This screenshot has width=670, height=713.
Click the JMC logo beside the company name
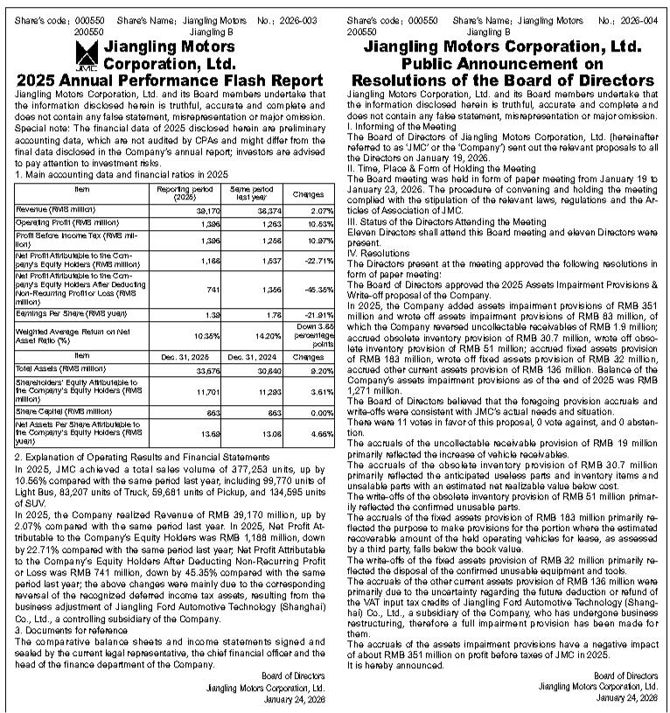coord(85,55)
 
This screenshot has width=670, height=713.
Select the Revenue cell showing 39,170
coord(207,211)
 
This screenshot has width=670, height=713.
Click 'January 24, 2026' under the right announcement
coord(627,697)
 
